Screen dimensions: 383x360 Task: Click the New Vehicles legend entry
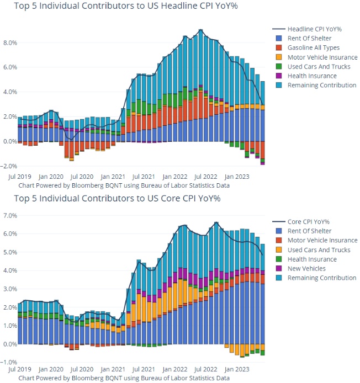[306, 268]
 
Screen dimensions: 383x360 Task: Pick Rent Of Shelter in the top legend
[309, 38]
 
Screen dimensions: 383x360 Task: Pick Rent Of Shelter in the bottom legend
[309, 231]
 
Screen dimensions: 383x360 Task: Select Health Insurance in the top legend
[312, 76]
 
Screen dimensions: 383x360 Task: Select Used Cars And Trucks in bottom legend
[319, 249]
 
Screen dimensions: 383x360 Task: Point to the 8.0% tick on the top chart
[10, 42]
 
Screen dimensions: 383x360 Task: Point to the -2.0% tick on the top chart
[9, 166]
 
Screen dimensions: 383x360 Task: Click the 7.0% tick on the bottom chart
[9, 215]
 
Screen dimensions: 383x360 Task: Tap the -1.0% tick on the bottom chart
[9, 363]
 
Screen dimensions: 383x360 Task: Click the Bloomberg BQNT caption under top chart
[124, 185]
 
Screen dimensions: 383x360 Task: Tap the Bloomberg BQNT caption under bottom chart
[124, 378]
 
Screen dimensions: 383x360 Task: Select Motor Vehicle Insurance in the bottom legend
[322, 240]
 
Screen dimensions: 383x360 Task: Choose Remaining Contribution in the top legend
[322, 85]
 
